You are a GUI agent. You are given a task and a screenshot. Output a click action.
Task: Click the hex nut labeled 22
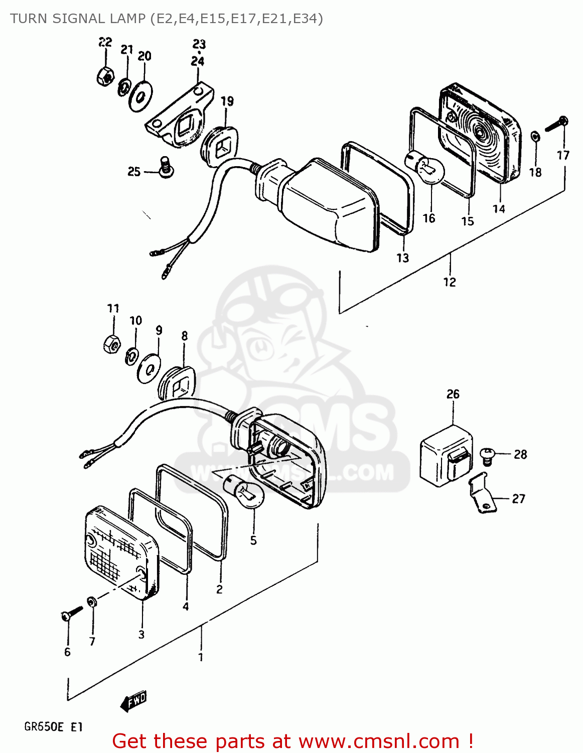[104, 76]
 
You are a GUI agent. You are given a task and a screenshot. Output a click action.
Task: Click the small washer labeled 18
[535, 136]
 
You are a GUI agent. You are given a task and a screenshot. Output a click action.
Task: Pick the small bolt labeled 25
[165, 168]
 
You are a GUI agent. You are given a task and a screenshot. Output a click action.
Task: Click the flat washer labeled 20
[141, 95]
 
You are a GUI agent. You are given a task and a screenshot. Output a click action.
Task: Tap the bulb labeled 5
[246, 492]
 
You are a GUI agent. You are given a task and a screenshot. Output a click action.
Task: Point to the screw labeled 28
[487, 455]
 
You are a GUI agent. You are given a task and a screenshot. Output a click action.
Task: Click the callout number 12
[450, 283]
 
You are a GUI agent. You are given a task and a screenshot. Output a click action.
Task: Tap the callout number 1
[201, 657]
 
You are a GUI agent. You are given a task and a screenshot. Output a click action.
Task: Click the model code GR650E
[44, 727]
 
